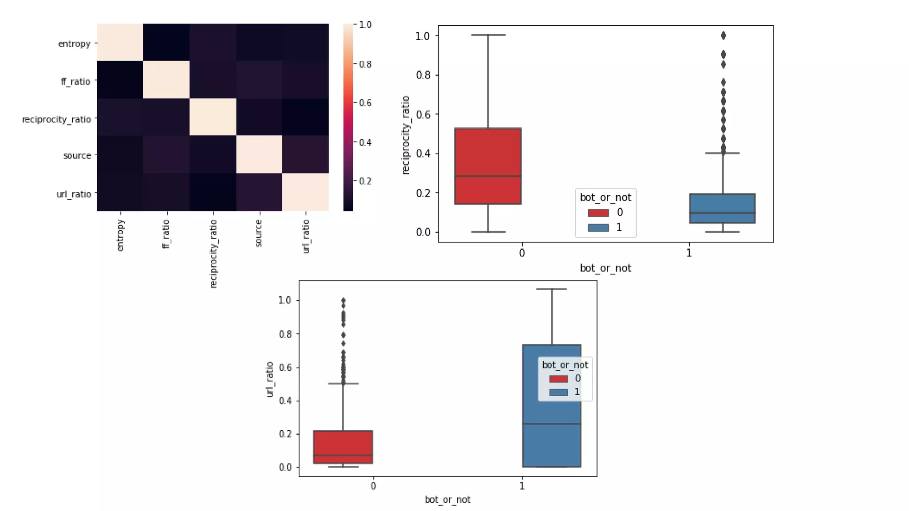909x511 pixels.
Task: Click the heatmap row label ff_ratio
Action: pyautogui.click(x=75, y=82)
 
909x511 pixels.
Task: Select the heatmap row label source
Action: pyautogui.click(x=77, y=156)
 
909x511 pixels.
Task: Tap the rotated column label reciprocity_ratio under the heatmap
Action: pyautogui.click(x=213, y=254)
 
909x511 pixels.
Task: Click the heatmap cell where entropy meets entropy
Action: pyautogui.click(x=120, y=42)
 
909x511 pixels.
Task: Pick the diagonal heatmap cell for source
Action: pyautogui.click(x=259, y=154)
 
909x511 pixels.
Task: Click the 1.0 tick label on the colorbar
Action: pyautogui.click(x=365, y=25)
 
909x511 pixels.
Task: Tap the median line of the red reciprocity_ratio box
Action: pyautogui.click(x=488, y=176)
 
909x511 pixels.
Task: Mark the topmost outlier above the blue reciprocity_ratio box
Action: pyautogui.click(x=723, y=35)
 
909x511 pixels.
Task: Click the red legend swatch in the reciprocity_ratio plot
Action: pyautogui.click(x=598, y=213)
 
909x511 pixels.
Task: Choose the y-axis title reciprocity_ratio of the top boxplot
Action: pyautogui.click(x=406, y=135)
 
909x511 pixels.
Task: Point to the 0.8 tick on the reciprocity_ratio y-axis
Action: pyautogui.click(x=423, y=75)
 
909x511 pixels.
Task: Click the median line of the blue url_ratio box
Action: pyautogui.click(x=552, y=424)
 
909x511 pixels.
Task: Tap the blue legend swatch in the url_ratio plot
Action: pyautogui.click(x=558, y=393)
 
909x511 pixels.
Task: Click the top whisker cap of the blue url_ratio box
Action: pyautogui.click(x=552, y=289)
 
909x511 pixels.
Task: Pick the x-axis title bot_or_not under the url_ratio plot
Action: pyautogui.click(x=447, y=500)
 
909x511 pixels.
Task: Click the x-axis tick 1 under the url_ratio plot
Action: pyautogui.click(x=522, y=486)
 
